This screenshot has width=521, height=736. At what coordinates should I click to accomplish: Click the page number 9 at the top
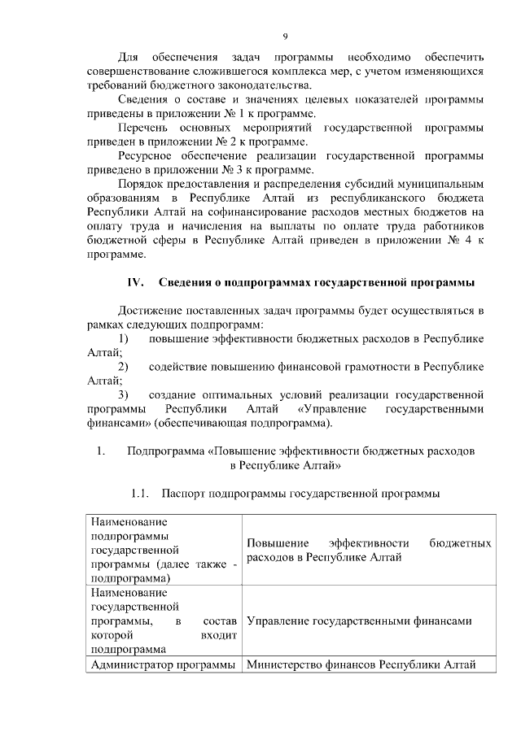click(x=285, y=35)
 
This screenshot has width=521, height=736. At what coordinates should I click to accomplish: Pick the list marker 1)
click(x=124, y=339)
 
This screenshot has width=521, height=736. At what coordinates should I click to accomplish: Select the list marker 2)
click(x=124, y=367)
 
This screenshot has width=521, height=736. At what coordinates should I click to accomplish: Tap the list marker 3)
click(x=124, y=395)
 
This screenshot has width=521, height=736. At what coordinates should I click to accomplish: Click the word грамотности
click(x=361, y=367)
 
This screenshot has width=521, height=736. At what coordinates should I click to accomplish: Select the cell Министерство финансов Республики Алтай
click(x=360, y=665)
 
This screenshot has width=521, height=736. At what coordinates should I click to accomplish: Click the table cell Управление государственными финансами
click(x=358, y=621)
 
